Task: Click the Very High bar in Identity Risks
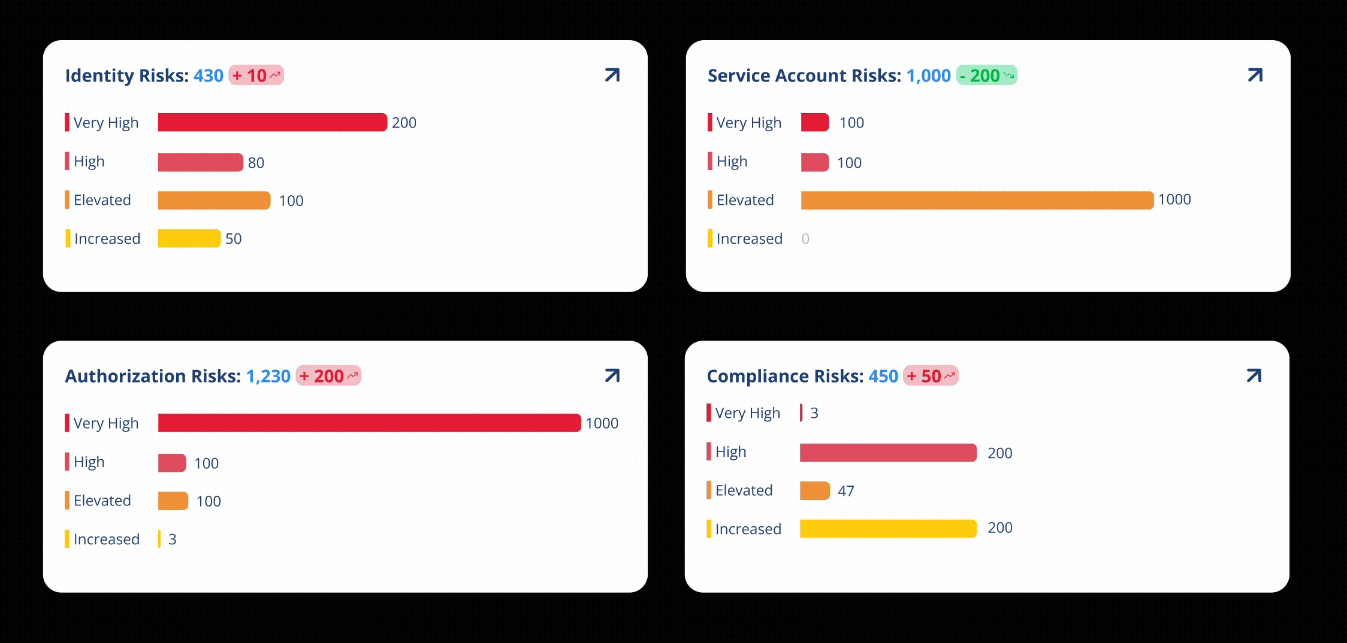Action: (272, 122)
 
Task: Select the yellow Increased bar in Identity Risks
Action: (189, 238)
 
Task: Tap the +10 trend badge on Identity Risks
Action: (256, 75)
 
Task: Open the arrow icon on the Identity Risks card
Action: (612, 75)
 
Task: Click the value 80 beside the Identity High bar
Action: (256, 163)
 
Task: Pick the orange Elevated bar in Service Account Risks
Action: (977, 200)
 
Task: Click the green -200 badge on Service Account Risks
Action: (986, 75)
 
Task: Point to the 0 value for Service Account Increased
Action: (805, 239)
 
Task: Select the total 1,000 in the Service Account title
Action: (928, 76)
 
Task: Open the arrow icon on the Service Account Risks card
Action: (1255, 75)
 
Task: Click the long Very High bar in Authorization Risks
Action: (369, 423)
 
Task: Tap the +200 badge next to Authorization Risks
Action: (328, 376)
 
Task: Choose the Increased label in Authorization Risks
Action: (107, 539)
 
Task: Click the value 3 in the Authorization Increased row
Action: (173, 539)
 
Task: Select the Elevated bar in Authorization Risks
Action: (173, 501)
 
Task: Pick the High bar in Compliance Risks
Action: (888, 453)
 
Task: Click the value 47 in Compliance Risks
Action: (845, 492)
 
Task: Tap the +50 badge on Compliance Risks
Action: (931, 376)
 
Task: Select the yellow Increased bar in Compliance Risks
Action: (888, 529)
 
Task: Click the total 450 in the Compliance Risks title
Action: (883, 377)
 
